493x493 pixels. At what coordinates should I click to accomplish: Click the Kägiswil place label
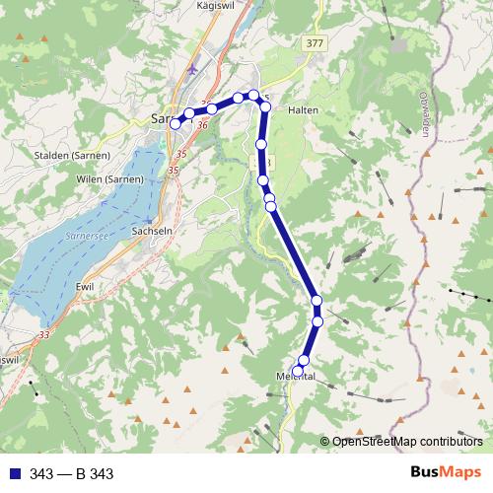click(x=221, y=6)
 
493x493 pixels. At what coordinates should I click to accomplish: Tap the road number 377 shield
click(x=315, y=43)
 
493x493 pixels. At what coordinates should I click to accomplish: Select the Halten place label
click(x=303, y=110)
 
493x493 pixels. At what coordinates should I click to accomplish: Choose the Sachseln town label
click(x=153, y=232)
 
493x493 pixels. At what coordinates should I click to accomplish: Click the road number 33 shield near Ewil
click(x=43, y=336)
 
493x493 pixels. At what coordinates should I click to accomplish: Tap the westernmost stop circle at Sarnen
click(x=176, y=124)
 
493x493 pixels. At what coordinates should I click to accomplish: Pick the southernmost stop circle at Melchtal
click(x=298, y=372)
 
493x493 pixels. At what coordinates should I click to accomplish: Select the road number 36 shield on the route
click(x=202, y=125)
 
